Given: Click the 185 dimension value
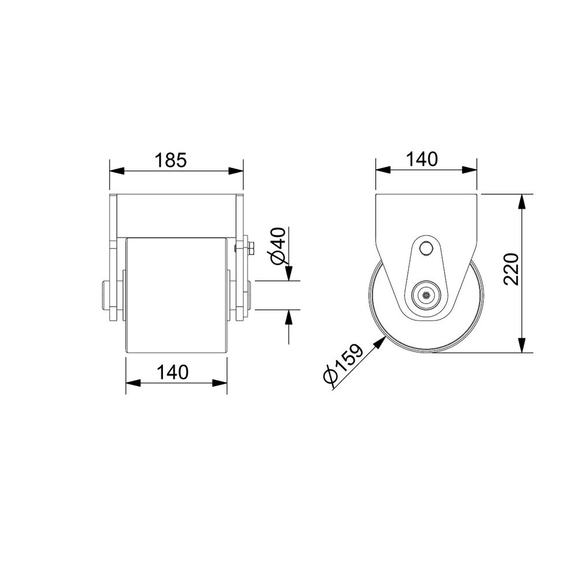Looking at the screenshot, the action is (x=171, y=160).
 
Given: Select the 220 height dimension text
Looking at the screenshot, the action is (x=512, y=269).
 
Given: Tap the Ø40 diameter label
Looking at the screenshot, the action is (x=278, y=246).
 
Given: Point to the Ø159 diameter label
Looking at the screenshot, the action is (x=342, y=364).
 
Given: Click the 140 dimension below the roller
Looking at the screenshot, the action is (x=172, y=372).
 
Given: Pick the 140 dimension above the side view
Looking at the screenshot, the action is (x=422, y=160).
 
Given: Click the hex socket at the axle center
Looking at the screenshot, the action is (x=426, y=295).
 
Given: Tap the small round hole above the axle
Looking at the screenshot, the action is (x=427, y=249).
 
